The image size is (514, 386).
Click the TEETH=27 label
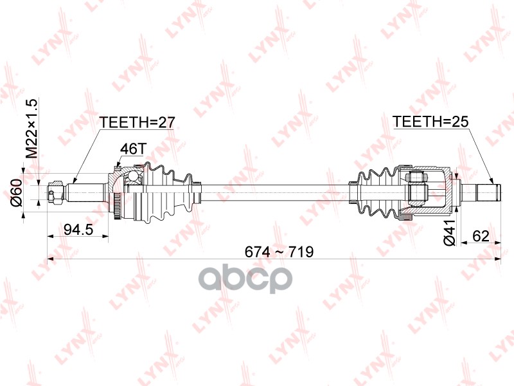(x=136, y=122)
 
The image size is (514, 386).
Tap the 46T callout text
(x=132, y=149)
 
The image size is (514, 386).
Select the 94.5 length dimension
(x=76, y=229)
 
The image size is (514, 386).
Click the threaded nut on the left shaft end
(x=56, y=191)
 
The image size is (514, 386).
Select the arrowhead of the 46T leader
(x=120, y=168)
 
